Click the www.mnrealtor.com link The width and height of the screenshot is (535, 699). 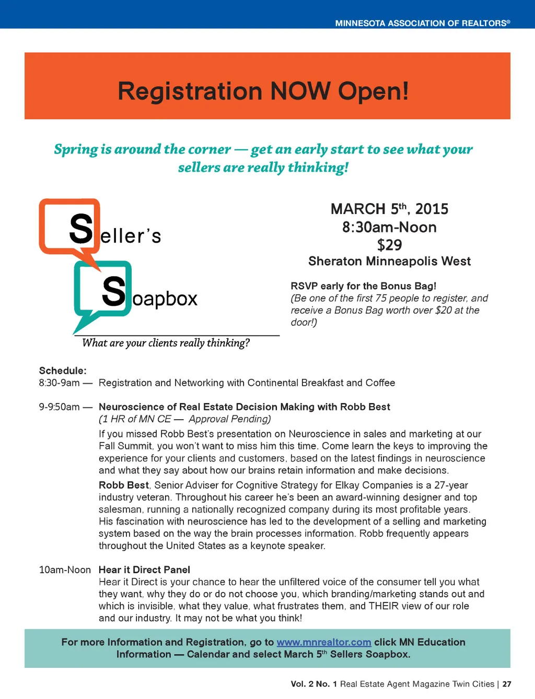pyautogui.click(x=323, y=642)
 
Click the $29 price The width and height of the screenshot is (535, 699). pyautogui.click(x=389, y=245)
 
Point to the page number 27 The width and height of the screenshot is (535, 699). pyautogui.click(x=507, y=684)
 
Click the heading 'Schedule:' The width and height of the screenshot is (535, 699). pyautogui.click(x=63, y=371)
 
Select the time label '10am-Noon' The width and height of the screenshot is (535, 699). pyautogui.click(x=65, y=570)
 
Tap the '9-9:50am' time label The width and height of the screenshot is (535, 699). pyautogui.click(x=59, y=407)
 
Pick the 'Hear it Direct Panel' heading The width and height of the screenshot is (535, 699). pyautogui.click(x=144, y=570)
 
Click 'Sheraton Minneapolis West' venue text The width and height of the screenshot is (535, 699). pyautogui.click(x=389, y=261)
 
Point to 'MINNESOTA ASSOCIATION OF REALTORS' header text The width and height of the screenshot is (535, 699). pyautogui.click(x=422, y=23)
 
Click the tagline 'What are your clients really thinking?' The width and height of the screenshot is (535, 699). pyautogui.click(x=166, y=343)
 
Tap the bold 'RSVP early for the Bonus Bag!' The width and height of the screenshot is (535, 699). pyautogui.click(x=363, y=286)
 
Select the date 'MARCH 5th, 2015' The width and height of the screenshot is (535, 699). pyautogui.click(x=389, y=209)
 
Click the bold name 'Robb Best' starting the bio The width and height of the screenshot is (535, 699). pyautogui.click(x=124, y=485)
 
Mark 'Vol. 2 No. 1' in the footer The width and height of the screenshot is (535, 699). pyautogui.click(x=313, y=684)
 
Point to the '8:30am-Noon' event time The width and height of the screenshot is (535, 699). pyautogui.click(x=389, y=227)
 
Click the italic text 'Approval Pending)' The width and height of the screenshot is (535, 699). pyautogui.click(x=230, y=419)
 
